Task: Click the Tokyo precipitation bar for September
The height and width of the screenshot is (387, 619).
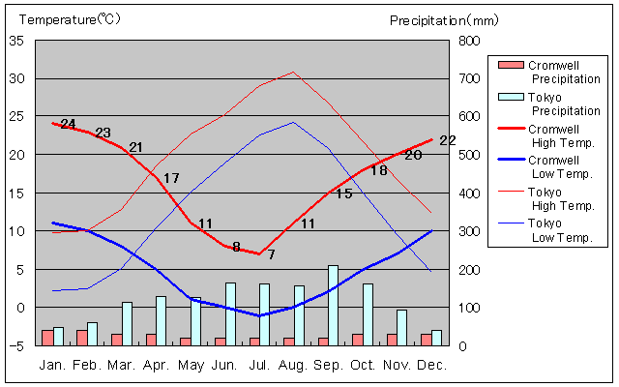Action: pos(333,305)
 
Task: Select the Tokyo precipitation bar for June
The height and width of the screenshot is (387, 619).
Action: pos(230,313)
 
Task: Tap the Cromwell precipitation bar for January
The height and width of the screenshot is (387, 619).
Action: pos(47,338)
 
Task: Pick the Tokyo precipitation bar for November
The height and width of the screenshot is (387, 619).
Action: pos(401,327)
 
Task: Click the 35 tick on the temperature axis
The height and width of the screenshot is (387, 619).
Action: pos(16,41)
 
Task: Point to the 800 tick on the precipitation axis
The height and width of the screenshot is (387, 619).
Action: pos(469,41)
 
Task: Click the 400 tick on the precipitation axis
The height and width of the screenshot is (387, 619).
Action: pos(469,193)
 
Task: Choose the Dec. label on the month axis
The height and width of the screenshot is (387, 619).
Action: pos(431,365)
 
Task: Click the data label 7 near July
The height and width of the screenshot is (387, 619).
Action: pos(272,254)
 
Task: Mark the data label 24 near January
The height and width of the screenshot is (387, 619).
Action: pos(68,124)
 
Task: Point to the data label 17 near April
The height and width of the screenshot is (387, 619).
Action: pos(171,178)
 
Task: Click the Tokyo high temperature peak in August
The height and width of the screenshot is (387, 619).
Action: pos(293,72)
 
